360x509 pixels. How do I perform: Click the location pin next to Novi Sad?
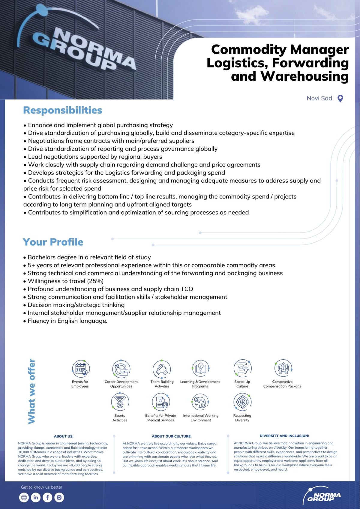pos(340,98)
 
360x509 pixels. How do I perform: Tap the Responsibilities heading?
pos(63,110)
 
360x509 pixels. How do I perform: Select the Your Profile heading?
pos(53,242)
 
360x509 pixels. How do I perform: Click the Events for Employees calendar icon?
pos(81,369)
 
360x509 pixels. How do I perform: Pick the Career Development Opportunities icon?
pos(121,369)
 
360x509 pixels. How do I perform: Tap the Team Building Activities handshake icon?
pos(162,369)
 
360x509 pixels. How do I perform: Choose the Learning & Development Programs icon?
pos(200,369)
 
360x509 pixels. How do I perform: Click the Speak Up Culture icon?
pos(242,368)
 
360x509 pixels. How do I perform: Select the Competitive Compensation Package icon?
pos(283,368)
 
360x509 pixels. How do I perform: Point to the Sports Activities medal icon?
pos(120,402)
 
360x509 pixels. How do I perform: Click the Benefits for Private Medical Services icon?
pos(161,402)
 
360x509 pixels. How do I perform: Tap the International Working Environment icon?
pos(200,402)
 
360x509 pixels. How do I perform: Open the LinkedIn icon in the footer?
pos(35,497)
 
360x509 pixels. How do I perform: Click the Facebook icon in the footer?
pos(47,497)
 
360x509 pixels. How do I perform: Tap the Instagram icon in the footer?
pos(59,497)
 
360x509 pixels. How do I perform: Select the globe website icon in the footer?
pos(24,497)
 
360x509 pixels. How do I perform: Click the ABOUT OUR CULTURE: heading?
pos(172,436)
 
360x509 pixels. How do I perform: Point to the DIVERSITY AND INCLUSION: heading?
pos(284,436)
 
